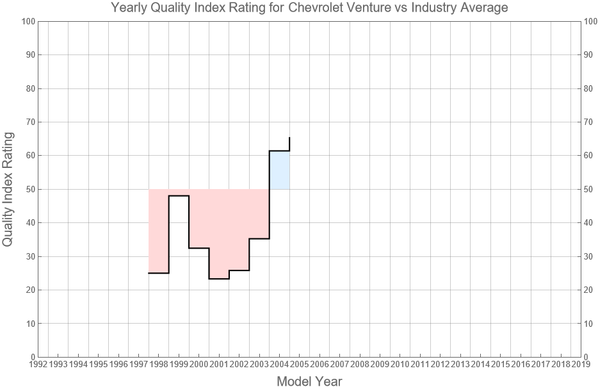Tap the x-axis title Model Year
[309, 381]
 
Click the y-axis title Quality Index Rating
[8, 189]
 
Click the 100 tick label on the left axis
[27, 21]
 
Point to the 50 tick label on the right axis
[590, 189]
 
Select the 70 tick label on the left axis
[29, 122]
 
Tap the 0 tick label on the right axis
[588, 357]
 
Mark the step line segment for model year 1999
[179, 195]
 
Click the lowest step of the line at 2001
[219, 279]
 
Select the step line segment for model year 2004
[280, 151]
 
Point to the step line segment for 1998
[159, 273]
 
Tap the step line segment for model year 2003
[259, 238]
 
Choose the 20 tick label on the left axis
[29, 290]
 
